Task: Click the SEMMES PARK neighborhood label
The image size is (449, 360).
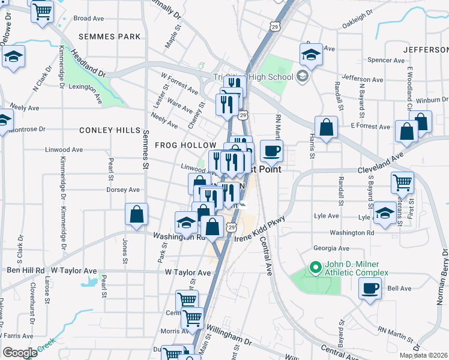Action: pyautogui.click(x=110, y=37)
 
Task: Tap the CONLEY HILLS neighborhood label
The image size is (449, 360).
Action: pyautogui.click(x=110, y=130)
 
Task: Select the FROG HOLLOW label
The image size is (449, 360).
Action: pyautogui.click(x=185, y=145)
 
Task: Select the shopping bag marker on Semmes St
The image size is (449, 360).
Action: pyautogui.click(x=137, y=214)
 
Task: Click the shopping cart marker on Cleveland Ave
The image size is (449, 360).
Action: pyautogui.click(x=402, y=181)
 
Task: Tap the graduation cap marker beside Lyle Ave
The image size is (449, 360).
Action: pyautogui.click(x=385, y=213)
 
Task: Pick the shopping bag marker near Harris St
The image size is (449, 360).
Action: pyautogui.click(x=325, y=127)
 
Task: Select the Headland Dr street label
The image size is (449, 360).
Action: pyautogui.click(x=88, y=62)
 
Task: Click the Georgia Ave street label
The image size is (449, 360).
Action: pyautogui.click(x=331, y=248)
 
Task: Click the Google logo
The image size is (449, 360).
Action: pyautogui.click(x=20, y=352)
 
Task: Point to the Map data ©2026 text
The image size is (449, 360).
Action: pyautogui.click(x=423, y=355)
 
